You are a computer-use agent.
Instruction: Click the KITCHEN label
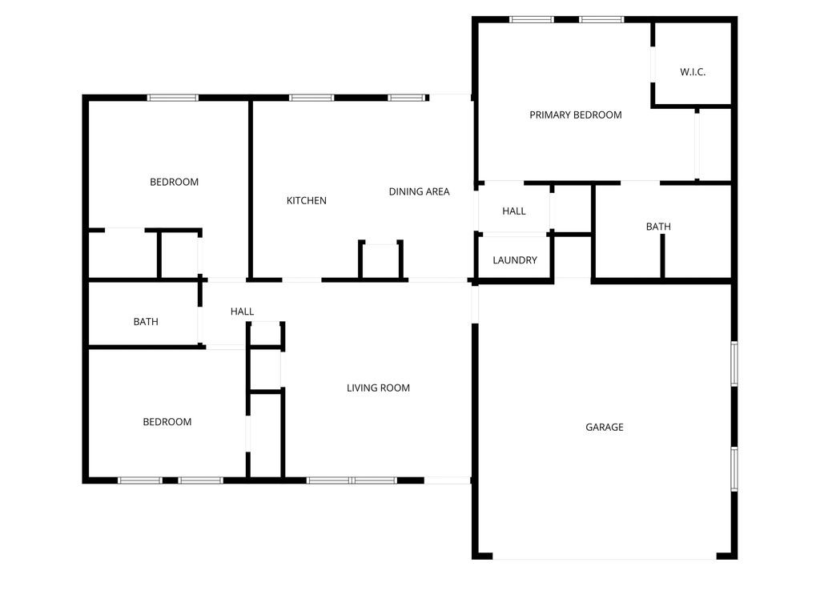[x=307, y=200]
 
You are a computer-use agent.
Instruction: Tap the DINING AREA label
[x=419, y=191]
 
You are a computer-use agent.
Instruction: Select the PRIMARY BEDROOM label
[x=575, y=115]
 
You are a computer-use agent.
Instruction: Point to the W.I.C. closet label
[x=693, y=72]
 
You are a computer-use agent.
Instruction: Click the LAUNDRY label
[x=515, y=260]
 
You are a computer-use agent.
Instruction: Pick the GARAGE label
[x=605, y=427]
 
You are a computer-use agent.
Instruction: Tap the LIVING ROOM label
[x=378, y=388]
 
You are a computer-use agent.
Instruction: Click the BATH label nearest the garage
[x=658, y=227]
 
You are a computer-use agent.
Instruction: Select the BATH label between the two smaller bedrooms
[x=146, y=322]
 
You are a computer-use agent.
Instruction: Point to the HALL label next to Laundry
[x=514, y=211]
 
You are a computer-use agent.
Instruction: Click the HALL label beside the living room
[x=242, y=311]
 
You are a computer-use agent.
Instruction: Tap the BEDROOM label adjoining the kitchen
[x=174, y=182]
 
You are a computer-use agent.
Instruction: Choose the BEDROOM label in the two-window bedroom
[x=167, y=422]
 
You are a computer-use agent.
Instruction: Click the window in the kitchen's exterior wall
[x=312, y=98]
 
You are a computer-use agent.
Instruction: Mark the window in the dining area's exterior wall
[x=406, y=98]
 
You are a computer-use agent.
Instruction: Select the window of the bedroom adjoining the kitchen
[x=172, y=98]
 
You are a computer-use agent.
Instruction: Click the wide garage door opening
[x=605, y=557]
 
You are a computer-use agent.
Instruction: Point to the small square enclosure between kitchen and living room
[x=380, y=259]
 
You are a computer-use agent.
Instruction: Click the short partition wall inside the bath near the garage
[x=663, y=256]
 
